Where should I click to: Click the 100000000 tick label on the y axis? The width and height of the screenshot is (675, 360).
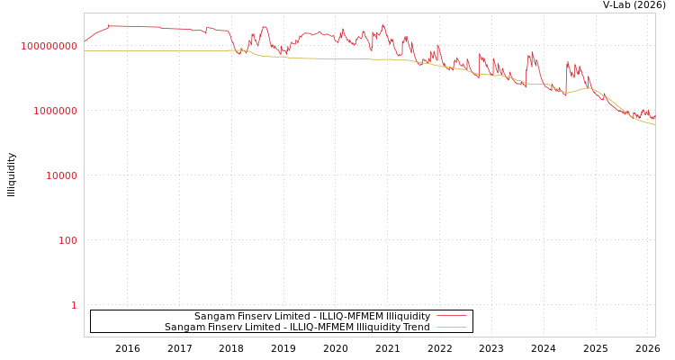coord(49,46)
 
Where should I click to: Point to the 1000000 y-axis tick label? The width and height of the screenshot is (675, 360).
coord(56,111)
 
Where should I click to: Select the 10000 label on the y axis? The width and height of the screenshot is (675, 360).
coord(62,175)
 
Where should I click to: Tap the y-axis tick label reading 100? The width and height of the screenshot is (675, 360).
coord(68,240)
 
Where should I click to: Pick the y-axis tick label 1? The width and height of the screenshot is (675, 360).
coord(74,305)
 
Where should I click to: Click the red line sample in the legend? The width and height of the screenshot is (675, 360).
coord(451,317)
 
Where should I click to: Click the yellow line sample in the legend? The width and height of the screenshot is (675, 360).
coord(451,328)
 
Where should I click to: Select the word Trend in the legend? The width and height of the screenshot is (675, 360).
coord(415,328)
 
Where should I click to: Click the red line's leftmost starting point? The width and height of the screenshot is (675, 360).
coord(85,40)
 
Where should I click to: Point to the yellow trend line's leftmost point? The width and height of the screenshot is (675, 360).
coord(85,50)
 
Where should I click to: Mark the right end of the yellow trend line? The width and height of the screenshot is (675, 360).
coord(654,124)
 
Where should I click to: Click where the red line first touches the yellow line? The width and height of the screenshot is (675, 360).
coord(238,51)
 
